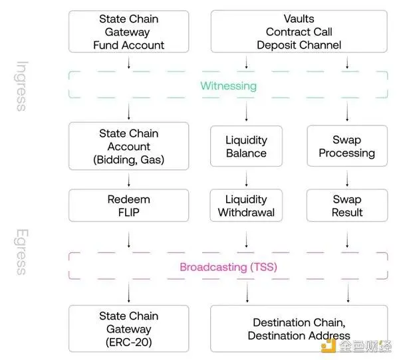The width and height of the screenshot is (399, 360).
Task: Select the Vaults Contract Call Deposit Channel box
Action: click(299, 32)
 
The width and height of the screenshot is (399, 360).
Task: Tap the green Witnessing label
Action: click(229, 86)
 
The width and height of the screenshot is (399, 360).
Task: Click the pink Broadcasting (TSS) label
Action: click(228, 267)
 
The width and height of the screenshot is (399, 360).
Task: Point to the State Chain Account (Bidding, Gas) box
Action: click(129, 146)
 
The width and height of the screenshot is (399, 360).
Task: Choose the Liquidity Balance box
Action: click(247, 146)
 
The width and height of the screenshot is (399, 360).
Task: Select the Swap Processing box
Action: click(346, 146)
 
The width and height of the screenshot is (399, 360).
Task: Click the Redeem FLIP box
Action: click(129, 205)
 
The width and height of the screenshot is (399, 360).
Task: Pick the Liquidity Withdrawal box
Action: click(247, 205)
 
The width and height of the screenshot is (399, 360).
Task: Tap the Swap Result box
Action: click(346, 205)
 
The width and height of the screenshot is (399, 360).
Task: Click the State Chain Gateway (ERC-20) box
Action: click(129, 329)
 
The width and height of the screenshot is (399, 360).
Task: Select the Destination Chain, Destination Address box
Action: click(299, 329)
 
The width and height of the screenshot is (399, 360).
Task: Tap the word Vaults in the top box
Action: click(299, 19)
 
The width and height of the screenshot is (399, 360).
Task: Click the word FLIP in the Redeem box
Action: click(129, 212)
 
